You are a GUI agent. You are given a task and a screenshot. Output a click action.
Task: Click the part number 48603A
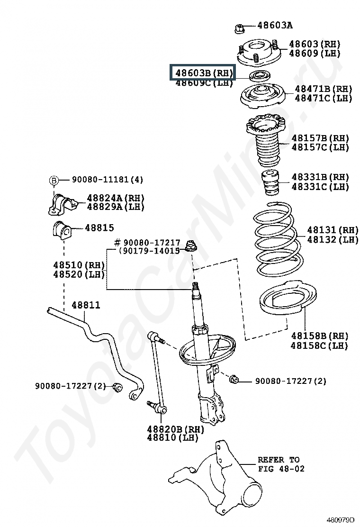tap(275, 25)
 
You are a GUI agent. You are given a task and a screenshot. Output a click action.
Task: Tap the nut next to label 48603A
tap(239, 28)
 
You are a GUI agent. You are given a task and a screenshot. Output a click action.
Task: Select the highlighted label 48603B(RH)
tap(203, 73)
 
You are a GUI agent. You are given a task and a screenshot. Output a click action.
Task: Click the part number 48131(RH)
tap(326, 230)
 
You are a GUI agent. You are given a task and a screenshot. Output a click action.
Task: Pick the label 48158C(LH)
tap(319, 345)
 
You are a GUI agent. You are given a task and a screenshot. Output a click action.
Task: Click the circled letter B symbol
tap(54, 180)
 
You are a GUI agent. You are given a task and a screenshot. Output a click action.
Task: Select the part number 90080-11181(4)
tap(107, 180)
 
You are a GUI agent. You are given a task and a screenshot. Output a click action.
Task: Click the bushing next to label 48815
tap(61, 229)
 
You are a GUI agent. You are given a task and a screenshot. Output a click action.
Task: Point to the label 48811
tap(86, 305)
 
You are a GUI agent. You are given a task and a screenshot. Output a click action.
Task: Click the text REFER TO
tap(278, 459)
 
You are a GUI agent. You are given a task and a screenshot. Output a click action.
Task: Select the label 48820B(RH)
tap(175, 429)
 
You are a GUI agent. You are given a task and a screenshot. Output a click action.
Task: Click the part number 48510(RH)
tap(79, 265)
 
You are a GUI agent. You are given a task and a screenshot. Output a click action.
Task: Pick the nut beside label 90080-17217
tap(192, 246)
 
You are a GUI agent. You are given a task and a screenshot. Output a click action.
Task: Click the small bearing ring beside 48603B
tap(259, 75)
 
